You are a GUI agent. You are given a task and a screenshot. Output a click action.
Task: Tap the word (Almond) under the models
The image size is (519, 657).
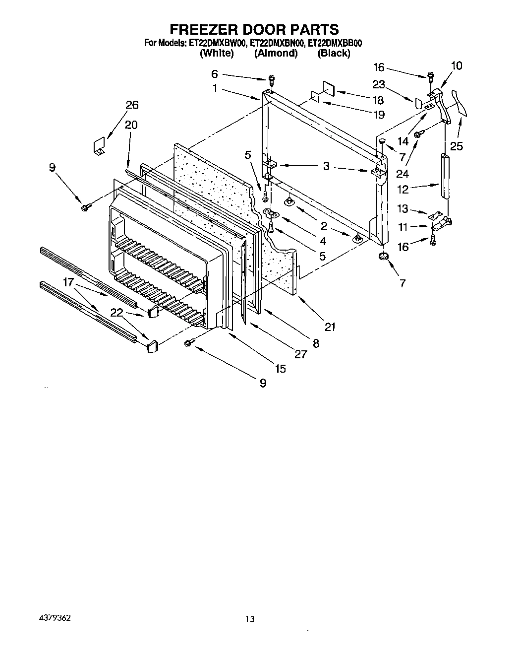(276, 54)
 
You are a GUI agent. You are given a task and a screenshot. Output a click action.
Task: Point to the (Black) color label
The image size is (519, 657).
(334, 54)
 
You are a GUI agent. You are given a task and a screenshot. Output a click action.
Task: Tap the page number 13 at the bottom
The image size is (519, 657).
(250, 619)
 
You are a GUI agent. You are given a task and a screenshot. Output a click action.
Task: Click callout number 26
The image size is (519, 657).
(132, 105)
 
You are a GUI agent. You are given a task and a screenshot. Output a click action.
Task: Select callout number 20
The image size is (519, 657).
(131, 125)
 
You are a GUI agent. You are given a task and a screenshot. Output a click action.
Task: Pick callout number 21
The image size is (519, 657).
(330, 326)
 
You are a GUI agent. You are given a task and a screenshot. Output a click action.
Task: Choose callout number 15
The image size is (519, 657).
(281, 368)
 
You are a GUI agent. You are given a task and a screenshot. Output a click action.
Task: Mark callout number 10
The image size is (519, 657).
(456, 66)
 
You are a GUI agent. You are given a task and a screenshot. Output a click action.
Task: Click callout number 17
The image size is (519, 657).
(68, 283)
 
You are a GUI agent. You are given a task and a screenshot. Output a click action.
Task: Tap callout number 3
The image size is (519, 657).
(326, 166)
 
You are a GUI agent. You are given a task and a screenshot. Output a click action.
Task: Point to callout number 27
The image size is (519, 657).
(301, 354)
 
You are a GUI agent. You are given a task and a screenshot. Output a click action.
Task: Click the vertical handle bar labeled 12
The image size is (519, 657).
(445, 176)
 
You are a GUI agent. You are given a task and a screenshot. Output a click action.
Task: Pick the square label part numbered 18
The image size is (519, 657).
(329, 88)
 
